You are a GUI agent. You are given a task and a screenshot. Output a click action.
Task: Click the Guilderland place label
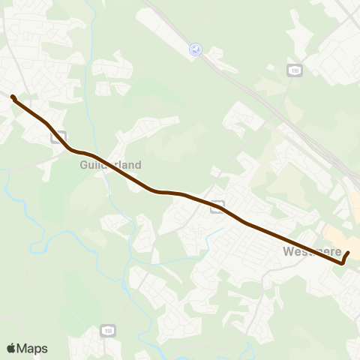click(109, 164)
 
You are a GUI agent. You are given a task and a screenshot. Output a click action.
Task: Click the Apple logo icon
click(11, 348)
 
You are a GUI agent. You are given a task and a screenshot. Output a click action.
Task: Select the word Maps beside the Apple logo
click(32, 348)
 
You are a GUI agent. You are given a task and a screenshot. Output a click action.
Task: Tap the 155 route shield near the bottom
click(107, 331)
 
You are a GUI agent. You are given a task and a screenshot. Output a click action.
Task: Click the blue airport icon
click(196, 49)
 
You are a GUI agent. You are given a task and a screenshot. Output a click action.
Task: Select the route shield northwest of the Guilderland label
click(57, 137)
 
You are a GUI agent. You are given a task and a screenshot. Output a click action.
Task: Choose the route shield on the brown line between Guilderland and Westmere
click(216, 205)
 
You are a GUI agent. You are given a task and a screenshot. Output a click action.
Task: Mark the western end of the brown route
click(13, 96)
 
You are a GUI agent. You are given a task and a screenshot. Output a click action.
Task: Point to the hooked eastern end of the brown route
click(346, 254)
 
